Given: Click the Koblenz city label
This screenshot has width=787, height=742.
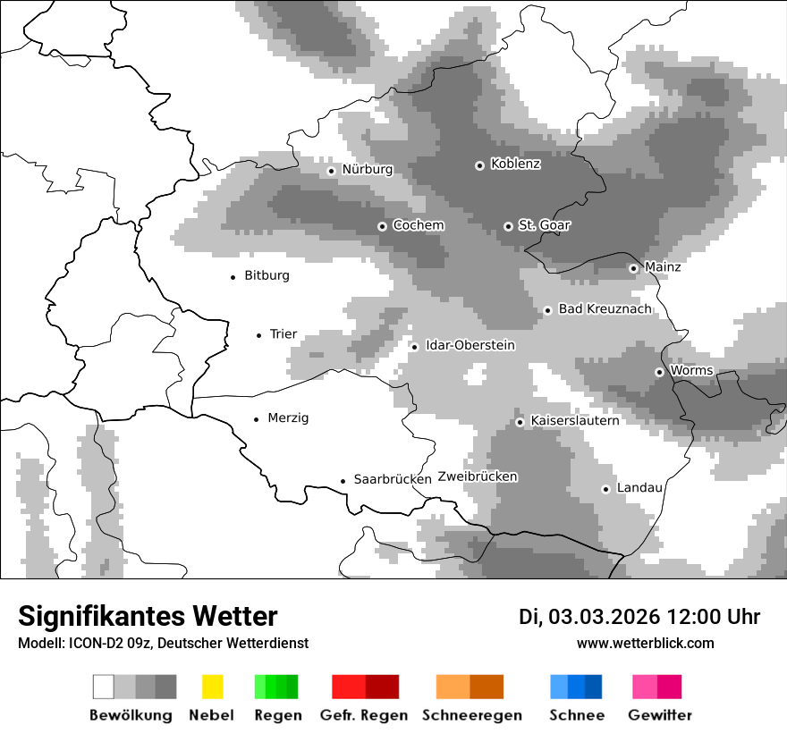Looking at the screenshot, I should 515,164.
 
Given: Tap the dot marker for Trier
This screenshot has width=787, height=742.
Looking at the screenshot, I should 259,335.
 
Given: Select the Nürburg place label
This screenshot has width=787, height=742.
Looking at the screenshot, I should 367,170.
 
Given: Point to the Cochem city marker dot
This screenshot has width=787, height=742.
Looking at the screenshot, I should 382,226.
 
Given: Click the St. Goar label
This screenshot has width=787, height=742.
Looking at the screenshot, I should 544,226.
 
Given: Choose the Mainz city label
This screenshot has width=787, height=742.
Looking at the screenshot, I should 663,267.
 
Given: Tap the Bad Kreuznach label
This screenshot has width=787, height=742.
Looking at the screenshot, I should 605,309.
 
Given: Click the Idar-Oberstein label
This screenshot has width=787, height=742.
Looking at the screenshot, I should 470,346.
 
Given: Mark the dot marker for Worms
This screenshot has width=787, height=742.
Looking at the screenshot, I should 659,372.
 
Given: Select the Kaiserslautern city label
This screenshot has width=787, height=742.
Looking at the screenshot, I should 574,421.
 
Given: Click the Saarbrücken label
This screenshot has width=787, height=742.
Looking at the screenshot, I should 393,480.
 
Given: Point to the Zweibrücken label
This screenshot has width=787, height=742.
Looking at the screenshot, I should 478,477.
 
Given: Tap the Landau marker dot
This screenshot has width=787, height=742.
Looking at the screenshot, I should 605,489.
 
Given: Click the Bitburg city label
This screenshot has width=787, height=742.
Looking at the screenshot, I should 267,276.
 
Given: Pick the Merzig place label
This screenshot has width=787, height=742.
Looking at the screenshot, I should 288,418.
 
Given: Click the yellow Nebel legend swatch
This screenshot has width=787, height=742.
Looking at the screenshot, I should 212,687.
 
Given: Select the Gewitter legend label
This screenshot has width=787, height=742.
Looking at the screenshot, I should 659,715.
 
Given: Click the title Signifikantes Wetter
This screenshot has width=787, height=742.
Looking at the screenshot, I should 148,617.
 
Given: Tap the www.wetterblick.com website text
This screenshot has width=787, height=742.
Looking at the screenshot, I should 645,644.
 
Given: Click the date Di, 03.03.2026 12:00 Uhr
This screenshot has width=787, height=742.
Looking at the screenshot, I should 639,617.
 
